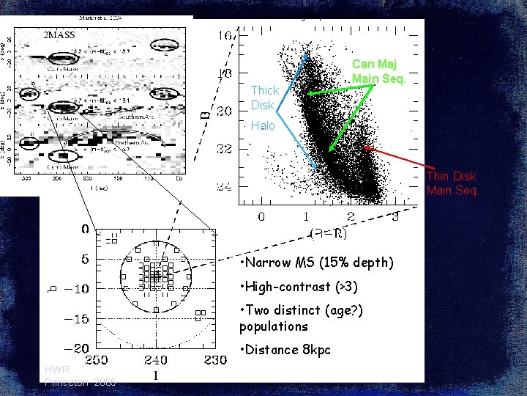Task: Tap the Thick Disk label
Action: point(264,98)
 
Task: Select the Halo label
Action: point(263,126)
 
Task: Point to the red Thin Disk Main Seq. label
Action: point(452,183)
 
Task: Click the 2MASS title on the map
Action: point(59,34)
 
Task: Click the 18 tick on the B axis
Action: point(224,73)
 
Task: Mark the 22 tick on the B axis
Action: point(224,149)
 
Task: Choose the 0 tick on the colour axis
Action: point(261,216)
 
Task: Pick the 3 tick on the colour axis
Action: point(395,216)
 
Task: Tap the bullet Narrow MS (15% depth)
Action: point(316,263)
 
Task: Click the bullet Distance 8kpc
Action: point(285,350)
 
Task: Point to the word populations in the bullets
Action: point(274,326)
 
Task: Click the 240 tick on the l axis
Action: point(156,360)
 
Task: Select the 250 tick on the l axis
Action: point(97,360)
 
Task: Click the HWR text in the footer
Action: point(56,370)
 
